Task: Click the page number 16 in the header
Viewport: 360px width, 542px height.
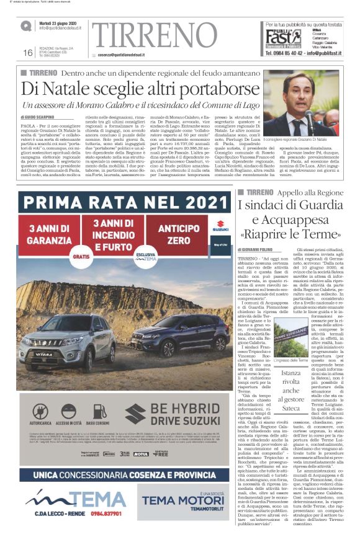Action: pyautogui.click(x=28, y=53)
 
